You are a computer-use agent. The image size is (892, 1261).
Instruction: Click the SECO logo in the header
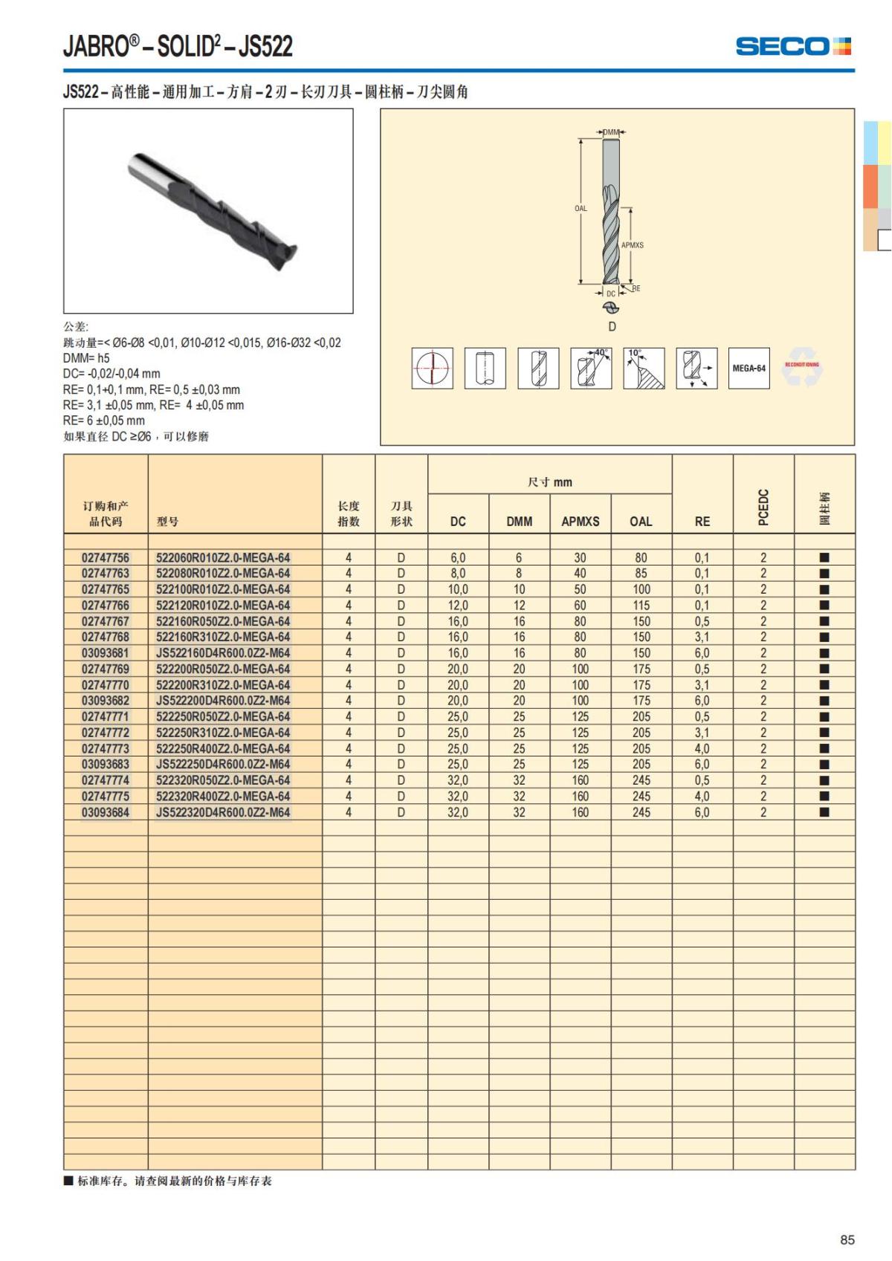point(792,47)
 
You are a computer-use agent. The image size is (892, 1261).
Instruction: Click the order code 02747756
point(106,557)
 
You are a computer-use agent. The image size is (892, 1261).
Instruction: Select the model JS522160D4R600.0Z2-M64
point(223,653)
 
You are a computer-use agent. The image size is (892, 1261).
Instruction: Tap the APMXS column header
point(580,522)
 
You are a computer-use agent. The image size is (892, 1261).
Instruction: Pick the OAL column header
point(641,522)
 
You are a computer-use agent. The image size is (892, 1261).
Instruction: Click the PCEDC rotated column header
point(763,507)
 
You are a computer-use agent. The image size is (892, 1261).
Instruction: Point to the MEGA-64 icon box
point(749,368)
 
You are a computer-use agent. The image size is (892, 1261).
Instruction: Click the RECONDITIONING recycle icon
point(802,367)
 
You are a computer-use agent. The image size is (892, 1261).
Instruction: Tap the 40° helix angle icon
point(591,368)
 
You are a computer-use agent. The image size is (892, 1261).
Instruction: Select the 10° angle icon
point(644,368)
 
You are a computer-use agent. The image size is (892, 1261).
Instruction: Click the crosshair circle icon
point(432,368)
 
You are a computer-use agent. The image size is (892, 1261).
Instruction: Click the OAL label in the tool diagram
point(581,209)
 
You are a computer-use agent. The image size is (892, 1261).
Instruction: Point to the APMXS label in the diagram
point(633,244)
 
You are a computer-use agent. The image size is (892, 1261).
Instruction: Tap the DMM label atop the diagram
point(611,132)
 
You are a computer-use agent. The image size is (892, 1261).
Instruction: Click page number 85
point(847,1239)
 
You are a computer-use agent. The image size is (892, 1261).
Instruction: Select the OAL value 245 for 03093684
point(641,812)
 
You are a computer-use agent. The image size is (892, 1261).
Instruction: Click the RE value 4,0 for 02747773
point(702,748)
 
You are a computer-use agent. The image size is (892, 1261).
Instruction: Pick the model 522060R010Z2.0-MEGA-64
point(223,557)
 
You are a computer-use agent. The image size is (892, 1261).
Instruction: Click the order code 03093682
point(106,701)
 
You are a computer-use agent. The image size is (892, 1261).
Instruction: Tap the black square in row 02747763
point(824,574)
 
